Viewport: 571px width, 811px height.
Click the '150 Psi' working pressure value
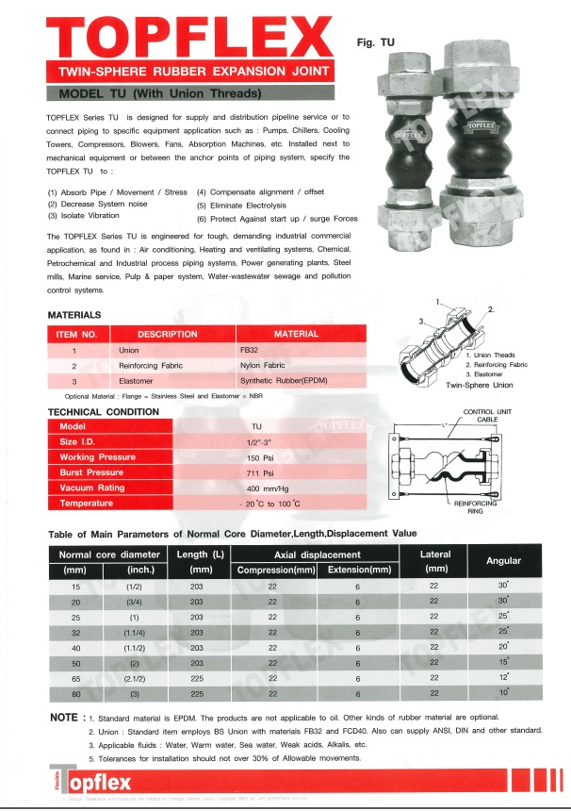pos(260,457)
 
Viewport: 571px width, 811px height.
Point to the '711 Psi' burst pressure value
pos(259,472)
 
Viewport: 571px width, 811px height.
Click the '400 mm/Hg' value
pos(267,488)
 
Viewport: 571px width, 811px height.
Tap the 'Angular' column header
pos(503,561)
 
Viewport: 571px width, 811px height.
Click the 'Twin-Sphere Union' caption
pos(478,385)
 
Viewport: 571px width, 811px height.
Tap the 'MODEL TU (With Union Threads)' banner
pos(160,94)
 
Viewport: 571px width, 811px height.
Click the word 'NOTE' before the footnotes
pos(64,718)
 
